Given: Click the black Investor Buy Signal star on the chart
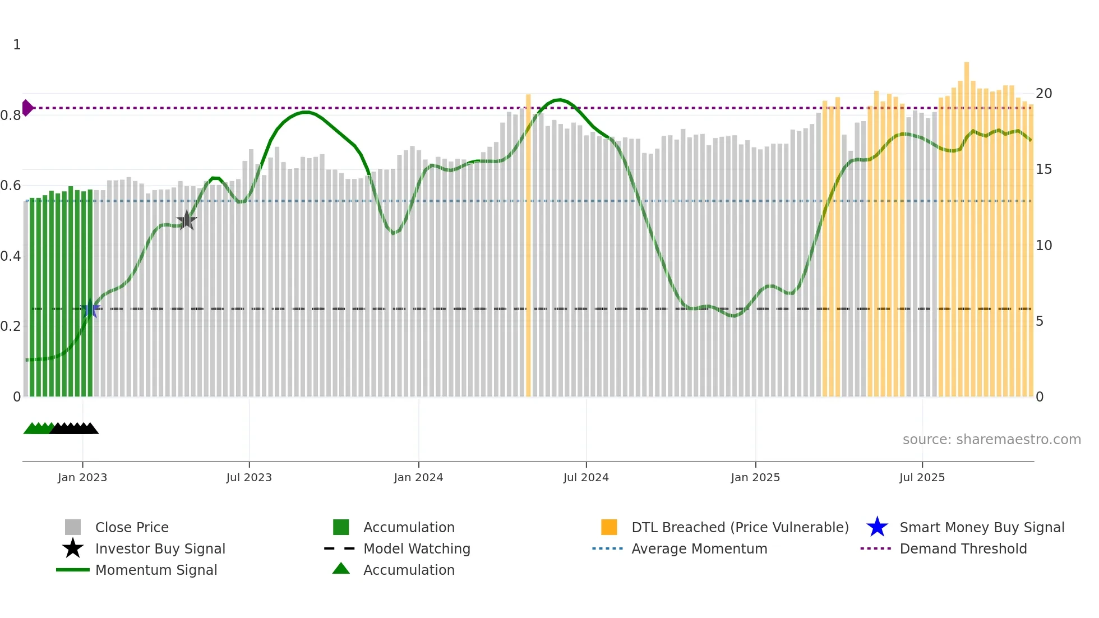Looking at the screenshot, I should pos(186,220).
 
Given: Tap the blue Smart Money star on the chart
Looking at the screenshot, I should pos(90,308).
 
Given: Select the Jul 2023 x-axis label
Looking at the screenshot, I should pos(249,477).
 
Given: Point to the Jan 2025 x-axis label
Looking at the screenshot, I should pos(755,477).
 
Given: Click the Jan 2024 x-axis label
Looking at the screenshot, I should pos(418,477).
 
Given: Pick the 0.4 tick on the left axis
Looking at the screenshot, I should pos(11,256).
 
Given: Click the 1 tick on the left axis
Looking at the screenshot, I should pos(17,45).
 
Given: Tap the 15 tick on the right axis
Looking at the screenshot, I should pos(1043,169).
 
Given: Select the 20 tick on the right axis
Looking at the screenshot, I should pos(1043,94).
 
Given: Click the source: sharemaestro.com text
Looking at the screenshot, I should pos(991,440).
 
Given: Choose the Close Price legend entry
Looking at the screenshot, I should pos(131,527).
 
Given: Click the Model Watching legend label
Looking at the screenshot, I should pos(417,548).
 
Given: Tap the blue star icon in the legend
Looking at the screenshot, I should pos(877,527).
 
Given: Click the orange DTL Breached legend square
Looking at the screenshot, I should pos(609,527).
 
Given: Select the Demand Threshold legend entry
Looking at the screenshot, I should pos(963,548).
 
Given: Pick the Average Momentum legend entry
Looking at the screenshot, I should pos(699,548).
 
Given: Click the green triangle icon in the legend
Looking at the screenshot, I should pos(341,569).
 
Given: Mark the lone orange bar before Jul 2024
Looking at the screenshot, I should pos(528,247).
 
